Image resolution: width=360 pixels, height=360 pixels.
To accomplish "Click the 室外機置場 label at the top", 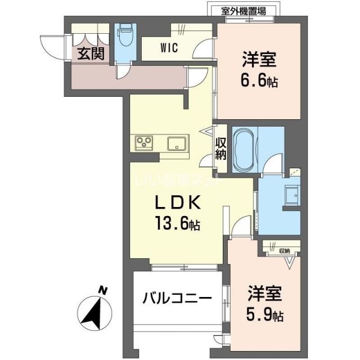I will coord(244,10).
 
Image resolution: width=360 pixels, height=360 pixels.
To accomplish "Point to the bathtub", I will coord(244,150).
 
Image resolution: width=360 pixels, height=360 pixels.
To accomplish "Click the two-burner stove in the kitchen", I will coord(145,143).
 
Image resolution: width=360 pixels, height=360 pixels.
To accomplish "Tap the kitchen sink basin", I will coord(178,143).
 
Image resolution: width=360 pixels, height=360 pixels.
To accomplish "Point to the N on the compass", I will coord(102,290).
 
